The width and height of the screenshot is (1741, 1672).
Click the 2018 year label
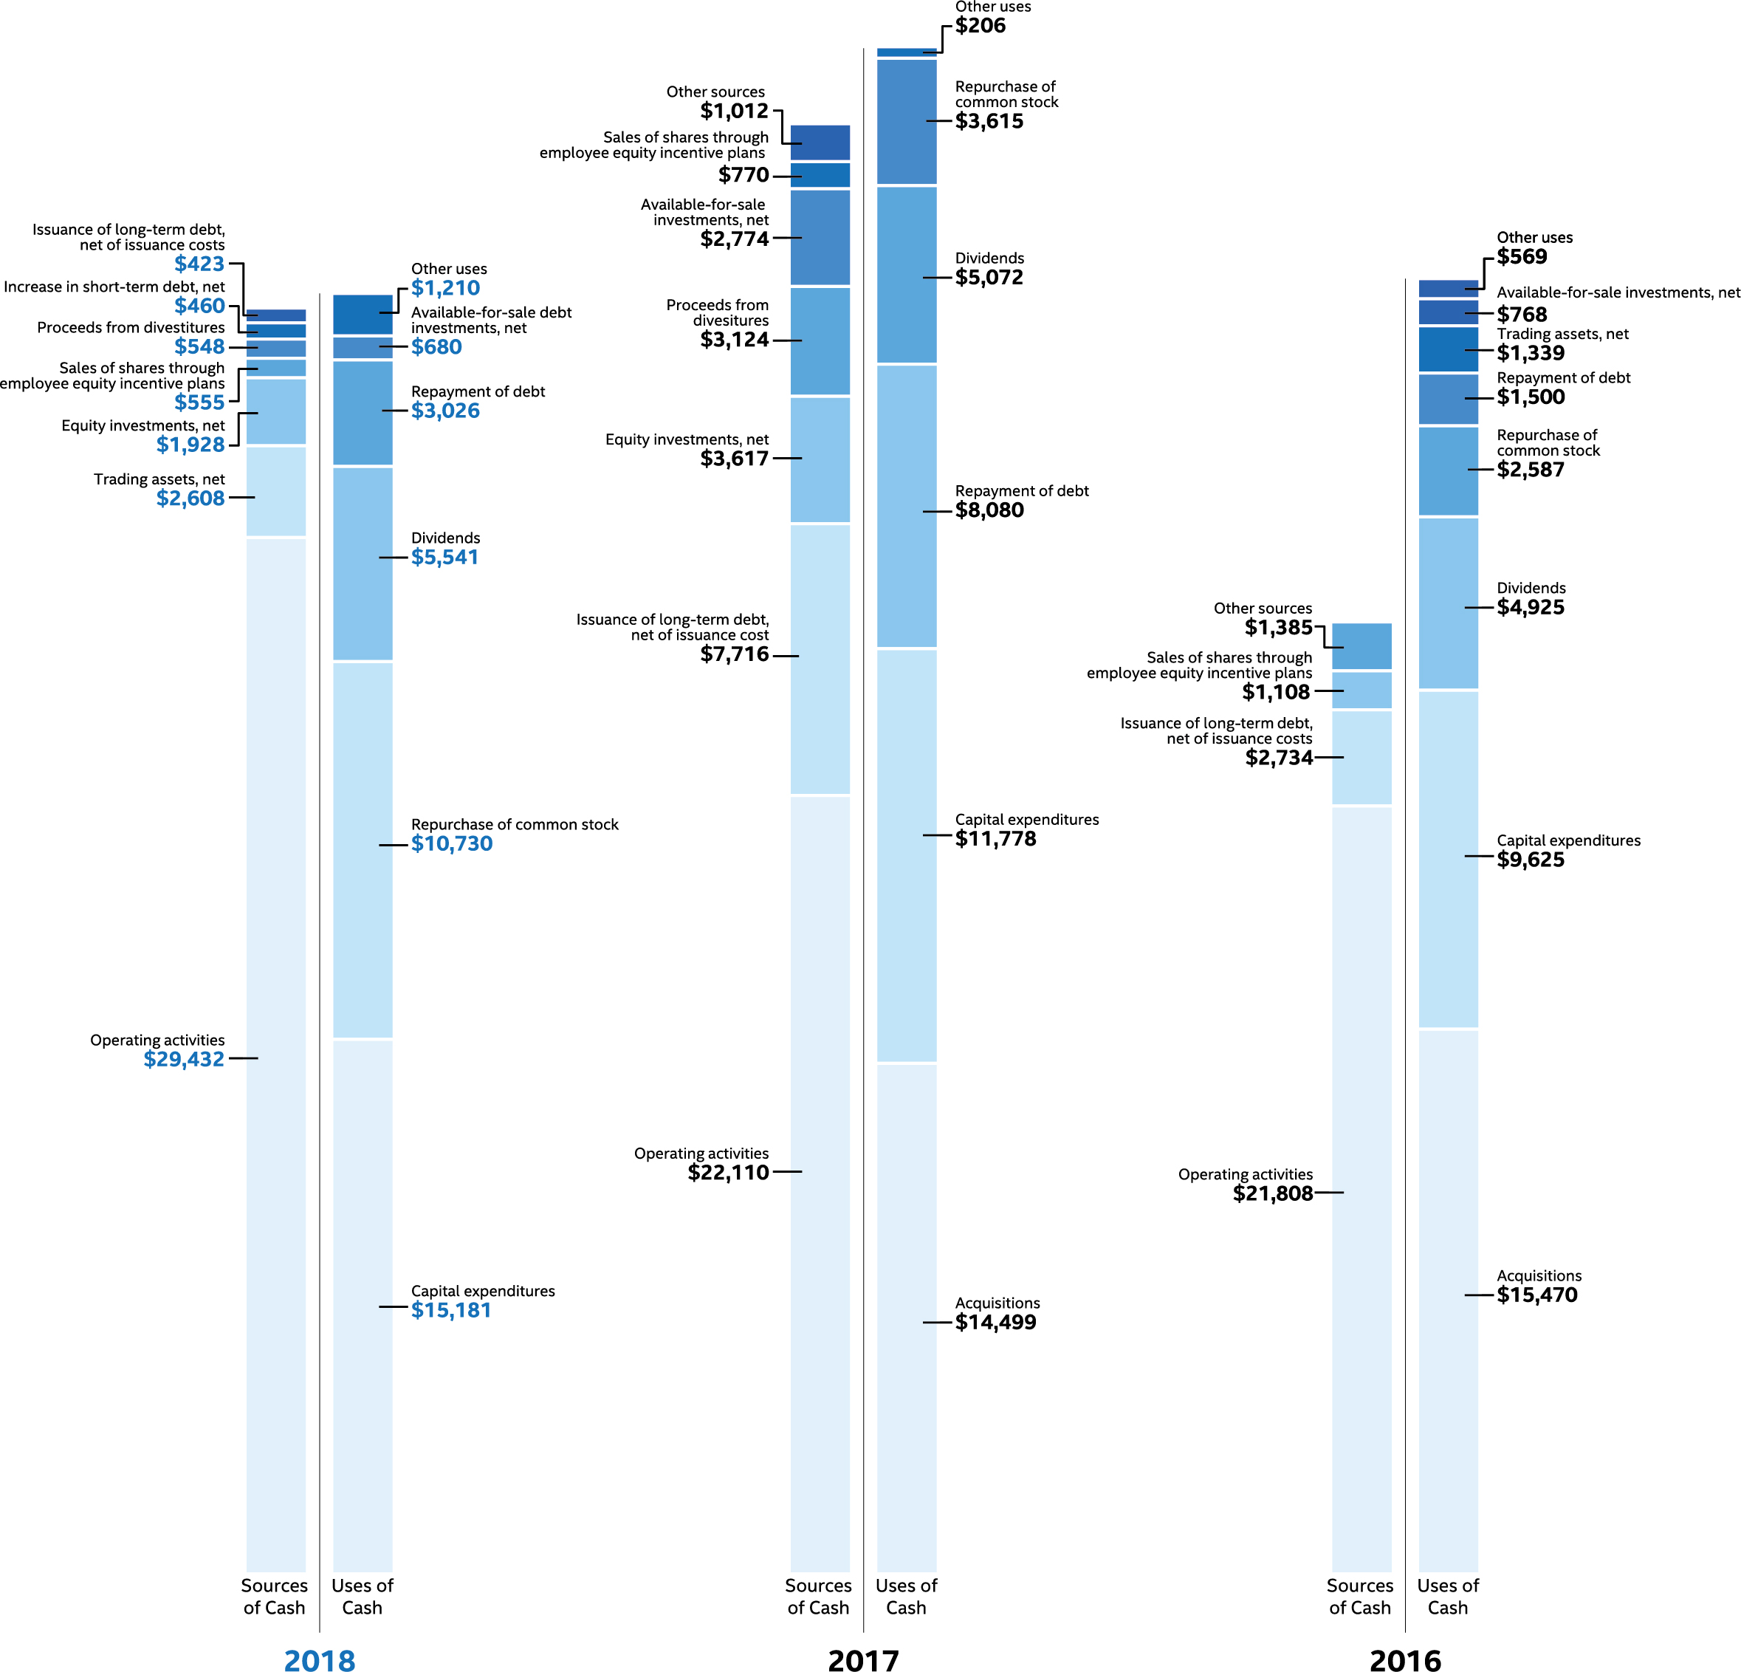pos(319,1659)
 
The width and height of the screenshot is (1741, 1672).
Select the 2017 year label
pos(862,1659)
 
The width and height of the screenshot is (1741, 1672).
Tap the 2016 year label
pos(1404,1659)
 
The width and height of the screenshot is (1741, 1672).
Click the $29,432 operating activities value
pos(184,1059)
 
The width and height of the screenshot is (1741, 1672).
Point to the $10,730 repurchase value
pos(451,843)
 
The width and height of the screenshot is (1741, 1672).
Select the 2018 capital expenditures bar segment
pos(363,1306)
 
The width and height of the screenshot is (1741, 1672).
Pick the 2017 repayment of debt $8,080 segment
pos(906,507)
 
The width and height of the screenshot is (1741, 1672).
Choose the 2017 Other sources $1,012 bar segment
pos(819,142)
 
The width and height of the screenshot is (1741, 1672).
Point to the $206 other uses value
pos(980,26)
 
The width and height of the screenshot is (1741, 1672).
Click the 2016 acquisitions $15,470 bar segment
pos(1448,1297)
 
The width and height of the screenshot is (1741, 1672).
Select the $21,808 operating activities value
pos(1272,1193)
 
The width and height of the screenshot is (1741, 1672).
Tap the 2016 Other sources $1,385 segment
pos(1361,646)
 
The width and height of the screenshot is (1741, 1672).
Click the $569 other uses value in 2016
pos(1522,257)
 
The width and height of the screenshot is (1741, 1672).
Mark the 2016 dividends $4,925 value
pos(1531,608)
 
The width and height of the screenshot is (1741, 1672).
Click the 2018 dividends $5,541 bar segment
pos(363,563)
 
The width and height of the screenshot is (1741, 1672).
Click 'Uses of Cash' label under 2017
pos(905,1596)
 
